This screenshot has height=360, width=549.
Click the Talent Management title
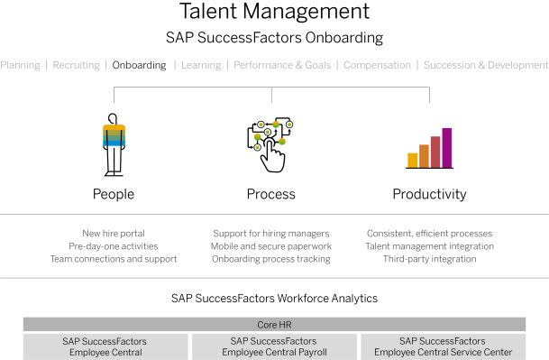click(274, 11)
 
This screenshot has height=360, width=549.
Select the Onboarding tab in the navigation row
click(139, 65)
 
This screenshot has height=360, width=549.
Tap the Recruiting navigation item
click(76, 65)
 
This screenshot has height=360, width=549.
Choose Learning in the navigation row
click(201, 65)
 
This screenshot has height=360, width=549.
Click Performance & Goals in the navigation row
click(282, 65)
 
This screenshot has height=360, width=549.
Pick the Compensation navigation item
click(377, 65)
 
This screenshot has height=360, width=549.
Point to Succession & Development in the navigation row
click(486, 65)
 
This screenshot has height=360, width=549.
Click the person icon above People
click(114, 144)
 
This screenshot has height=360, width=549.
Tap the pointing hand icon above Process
click(273, 155)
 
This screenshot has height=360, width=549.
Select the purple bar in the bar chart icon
click(447, 148)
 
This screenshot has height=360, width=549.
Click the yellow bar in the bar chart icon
click(413, 161)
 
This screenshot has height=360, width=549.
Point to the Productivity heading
click(429, 194)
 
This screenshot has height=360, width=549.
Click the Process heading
click(271, 194)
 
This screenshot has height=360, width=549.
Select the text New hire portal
click(114, 234)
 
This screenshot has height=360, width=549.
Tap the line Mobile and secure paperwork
click(271, 246)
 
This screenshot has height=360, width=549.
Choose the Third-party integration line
click(429, 259)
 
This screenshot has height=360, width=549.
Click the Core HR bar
click(274, 325)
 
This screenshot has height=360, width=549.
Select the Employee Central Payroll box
click(274, 346)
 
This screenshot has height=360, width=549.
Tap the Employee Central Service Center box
click(443, 346)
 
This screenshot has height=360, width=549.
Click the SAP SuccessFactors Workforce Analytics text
click(274, 299)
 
